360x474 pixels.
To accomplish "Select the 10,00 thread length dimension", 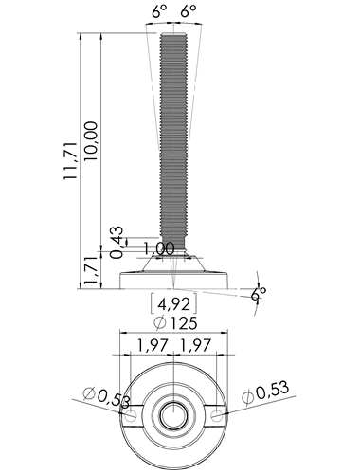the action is [x=92, y=140].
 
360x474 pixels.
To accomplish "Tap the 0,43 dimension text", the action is [x=117, y=242].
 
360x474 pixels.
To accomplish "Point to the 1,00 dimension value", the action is [x=159, y=248].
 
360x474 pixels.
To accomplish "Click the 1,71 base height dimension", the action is [x=91, y=271].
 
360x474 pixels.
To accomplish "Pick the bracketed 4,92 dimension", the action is [x=174, y=303].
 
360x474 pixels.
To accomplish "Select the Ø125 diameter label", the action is [x=175, y=322].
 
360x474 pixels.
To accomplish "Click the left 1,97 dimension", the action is [x=151, y=345].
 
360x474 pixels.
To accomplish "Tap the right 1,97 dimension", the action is [x=194, y=345].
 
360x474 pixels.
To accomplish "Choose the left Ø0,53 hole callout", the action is [x=106, y=397].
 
